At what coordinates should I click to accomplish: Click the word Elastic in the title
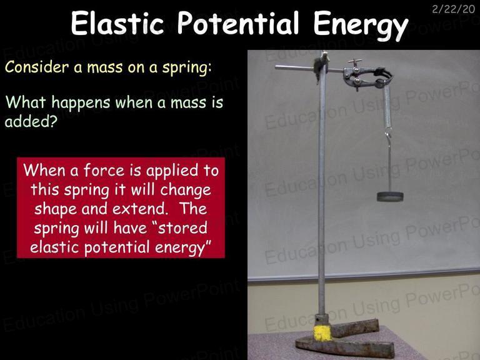pyautogui.click(x=118, y=23)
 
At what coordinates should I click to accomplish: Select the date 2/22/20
pyautogui.click(x=453, y=9)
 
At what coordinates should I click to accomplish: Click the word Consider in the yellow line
pyautogui.click(x=37, y=67)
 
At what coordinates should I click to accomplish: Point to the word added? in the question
pyautogui.click(x=31, y=121)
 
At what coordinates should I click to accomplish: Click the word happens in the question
pyautogui.click(x=81, y=102)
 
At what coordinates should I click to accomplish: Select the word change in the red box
pyautogui.click(x=186, y=191)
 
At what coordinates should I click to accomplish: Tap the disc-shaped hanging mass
pyautogui.click(x=390, y=196)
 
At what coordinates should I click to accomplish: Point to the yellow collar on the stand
pyautogui.click(x=322, y=333)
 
